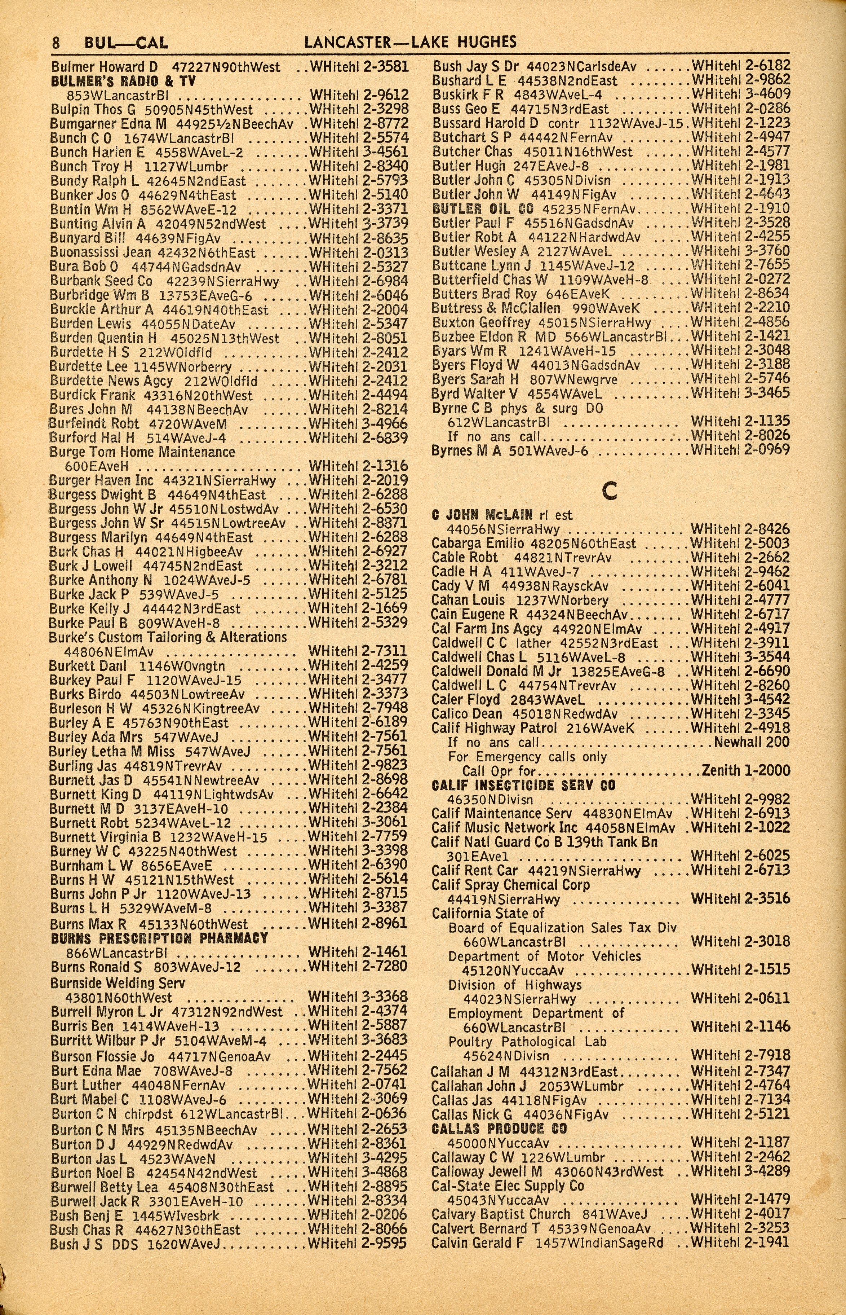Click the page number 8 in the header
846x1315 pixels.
pos(56,42)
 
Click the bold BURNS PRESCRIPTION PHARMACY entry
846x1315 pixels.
pos(159,938)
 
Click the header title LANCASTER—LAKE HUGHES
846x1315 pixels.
pos(410,42)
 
